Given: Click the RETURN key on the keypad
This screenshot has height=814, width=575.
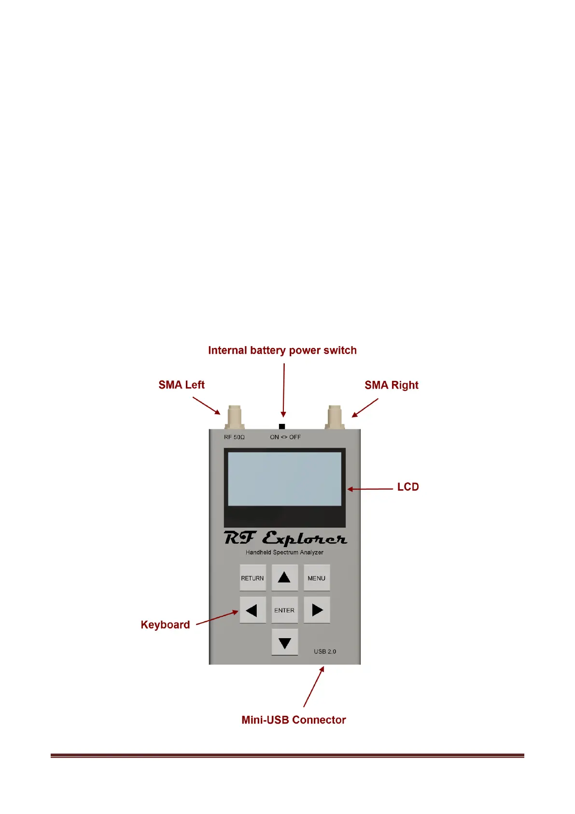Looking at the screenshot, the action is pyautogui.click(x=252, y=578).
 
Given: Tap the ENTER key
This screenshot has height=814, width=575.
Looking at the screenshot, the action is pyautogui.click(x=284, y=610).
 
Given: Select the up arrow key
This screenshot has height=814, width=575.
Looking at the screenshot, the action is pyautogui.click(x=284, y=577).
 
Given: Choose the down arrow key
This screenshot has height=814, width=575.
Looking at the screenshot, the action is pyautogui.click(x=284, y=642).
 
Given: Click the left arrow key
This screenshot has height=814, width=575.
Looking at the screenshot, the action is pyautogui.click(x=252, y=610).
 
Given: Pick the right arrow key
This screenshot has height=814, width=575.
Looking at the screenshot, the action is pyautogui.click(x=317, y=610).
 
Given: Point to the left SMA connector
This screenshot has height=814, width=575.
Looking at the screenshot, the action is pyautogui.click(x=235, y=417).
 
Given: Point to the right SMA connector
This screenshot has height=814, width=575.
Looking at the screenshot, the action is pyautogui.click(x=335, y=417).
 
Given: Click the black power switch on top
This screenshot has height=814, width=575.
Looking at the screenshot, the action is pyautogui.click(x=282, y=426).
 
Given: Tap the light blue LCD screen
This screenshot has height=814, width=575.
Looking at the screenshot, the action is pyautogui.click(x=284, y=479).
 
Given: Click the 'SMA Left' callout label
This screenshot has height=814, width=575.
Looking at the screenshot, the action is pyautogui.click(x=182, y=385).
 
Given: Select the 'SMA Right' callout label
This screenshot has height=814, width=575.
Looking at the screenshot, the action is pyautogui.click(x=391, y=385).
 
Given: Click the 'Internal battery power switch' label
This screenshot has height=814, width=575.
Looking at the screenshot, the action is pyautogui.click(x=282, y=350).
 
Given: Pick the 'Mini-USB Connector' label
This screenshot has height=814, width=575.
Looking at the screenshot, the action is pyautogui.click(x=294, y=720).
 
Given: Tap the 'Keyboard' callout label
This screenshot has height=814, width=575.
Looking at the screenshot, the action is pyautogui.click(x=165, y=625).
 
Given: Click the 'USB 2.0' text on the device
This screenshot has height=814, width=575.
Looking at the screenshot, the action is pyautogui.click(x=325, y=652).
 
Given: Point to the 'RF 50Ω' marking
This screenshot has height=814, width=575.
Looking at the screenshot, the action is pyautogui.click(x=234, y=437).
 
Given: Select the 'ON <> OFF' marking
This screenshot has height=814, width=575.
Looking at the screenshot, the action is pyautogui.click(x=285, y=437).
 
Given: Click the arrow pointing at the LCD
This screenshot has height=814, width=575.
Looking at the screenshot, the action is pyautogui.click(x=370, y=489).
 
